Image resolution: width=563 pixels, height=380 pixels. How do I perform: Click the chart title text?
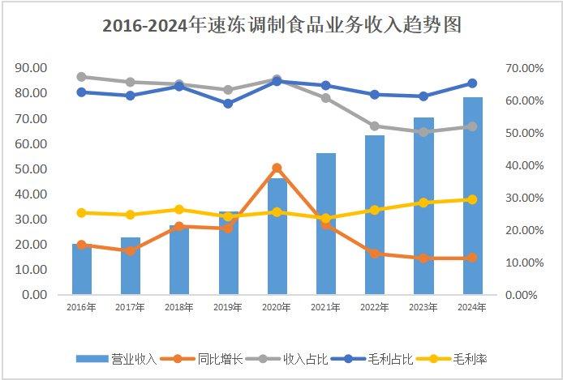point(281,25)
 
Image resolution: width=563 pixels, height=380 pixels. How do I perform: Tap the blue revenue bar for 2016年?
point(82,269)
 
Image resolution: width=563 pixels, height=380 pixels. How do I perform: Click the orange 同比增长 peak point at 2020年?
point(277,168)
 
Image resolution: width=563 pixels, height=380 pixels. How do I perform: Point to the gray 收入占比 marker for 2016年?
point(82,77)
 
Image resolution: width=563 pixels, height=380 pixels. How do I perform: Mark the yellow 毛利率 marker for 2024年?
point(473,199)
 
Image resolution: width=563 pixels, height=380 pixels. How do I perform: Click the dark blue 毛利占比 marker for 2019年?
point(228,104)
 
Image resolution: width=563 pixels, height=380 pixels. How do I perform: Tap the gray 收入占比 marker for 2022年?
point(375,126)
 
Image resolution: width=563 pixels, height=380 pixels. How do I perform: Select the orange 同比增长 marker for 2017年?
point(131,251)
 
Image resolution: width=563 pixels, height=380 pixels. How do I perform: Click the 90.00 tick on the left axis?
point(31,68)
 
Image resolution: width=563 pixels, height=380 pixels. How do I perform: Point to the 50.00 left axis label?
point(31,169)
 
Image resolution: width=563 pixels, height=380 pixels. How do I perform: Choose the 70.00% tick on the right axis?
point(525,68)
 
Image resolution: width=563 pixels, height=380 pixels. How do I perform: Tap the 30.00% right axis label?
point(525,198)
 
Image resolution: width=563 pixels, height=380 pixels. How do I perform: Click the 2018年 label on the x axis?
point(179,307)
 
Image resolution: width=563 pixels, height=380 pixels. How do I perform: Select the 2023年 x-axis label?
point(423,307)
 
